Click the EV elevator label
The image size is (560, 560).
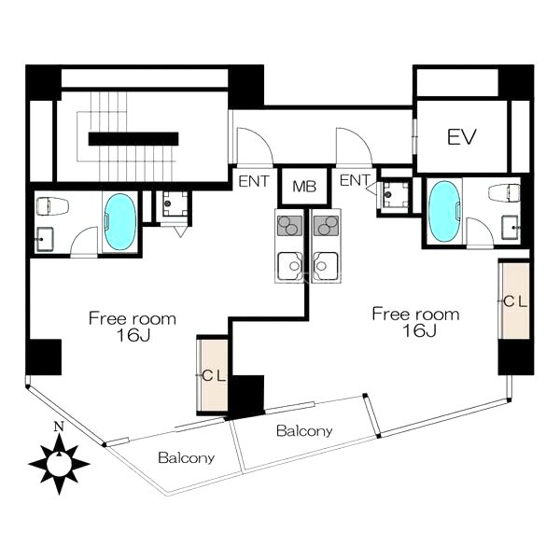(462, 137)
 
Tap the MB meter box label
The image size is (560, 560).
(304, 187)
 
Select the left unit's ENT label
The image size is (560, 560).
(254, 181)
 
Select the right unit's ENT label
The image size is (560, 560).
(355, 180)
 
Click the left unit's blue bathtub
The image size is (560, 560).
(119, 221)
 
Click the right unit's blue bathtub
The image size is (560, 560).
(444, 212)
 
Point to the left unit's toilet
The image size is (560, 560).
(52, 206)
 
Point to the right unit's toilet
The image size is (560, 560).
(504, 193)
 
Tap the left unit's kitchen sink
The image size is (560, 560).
(289, 265)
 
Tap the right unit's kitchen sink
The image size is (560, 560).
(326, 265)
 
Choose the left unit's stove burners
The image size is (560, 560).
(289, 226)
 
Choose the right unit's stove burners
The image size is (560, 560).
(326, 226)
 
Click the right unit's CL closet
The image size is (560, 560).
(515, 301)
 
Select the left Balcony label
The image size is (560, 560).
(186, 457)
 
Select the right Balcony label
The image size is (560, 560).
(304, 430)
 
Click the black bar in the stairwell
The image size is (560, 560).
(133, 138)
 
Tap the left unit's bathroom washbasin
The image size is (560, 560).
(45, 239)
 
